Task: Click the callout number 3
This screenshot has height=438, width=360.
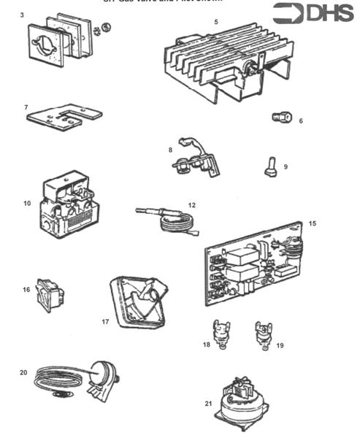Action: click(x=23, y=15)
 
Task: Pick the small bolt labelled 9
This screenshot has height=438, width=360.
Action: click(x=269, y=169)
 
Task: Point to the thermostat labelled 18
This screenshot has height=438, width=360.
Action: click(x=218, y=332)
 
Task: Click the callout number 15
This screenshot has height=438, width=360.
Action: click(x=313, y=223)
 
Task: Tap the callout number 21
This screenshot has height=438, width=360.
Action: click(x=209, y=402)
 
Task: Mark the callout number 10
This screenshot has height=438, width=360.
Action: click(x=27, y=203)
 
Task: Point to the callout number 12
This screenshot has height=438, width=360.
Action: click(x=191, y=205)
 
